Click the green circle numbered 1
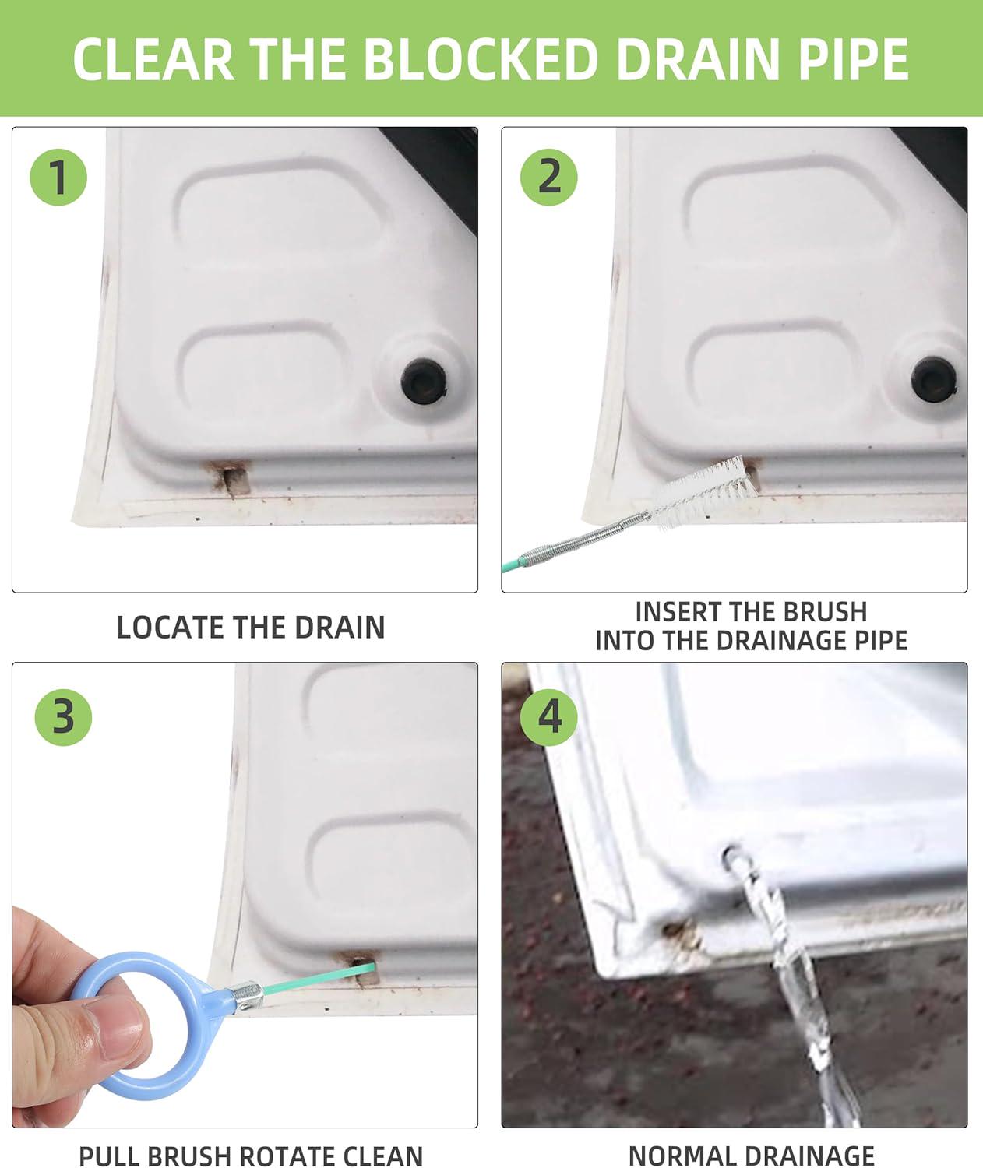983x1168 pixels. click(x=58, y=178)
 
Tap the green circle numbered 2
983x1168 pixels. click(x=548, y=178)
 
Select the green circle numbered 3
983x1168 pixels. click(x=63, y=718)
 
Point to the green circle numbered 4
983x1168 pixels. click(x=548, y=718)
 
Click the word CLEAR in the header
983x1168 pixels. click(x=153, y=59)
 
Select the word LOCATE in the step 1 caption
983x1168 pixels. click(x=171, y=627)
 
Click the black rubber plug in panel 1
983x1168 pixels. click(x=424, y=380)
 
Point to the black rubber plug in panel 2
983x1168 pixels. click(x=932, y=379)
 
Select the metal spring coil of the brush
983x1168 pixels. click(x=587, y=539)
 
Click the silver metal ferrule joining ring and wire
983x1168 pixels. click(x=247, y=996)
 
